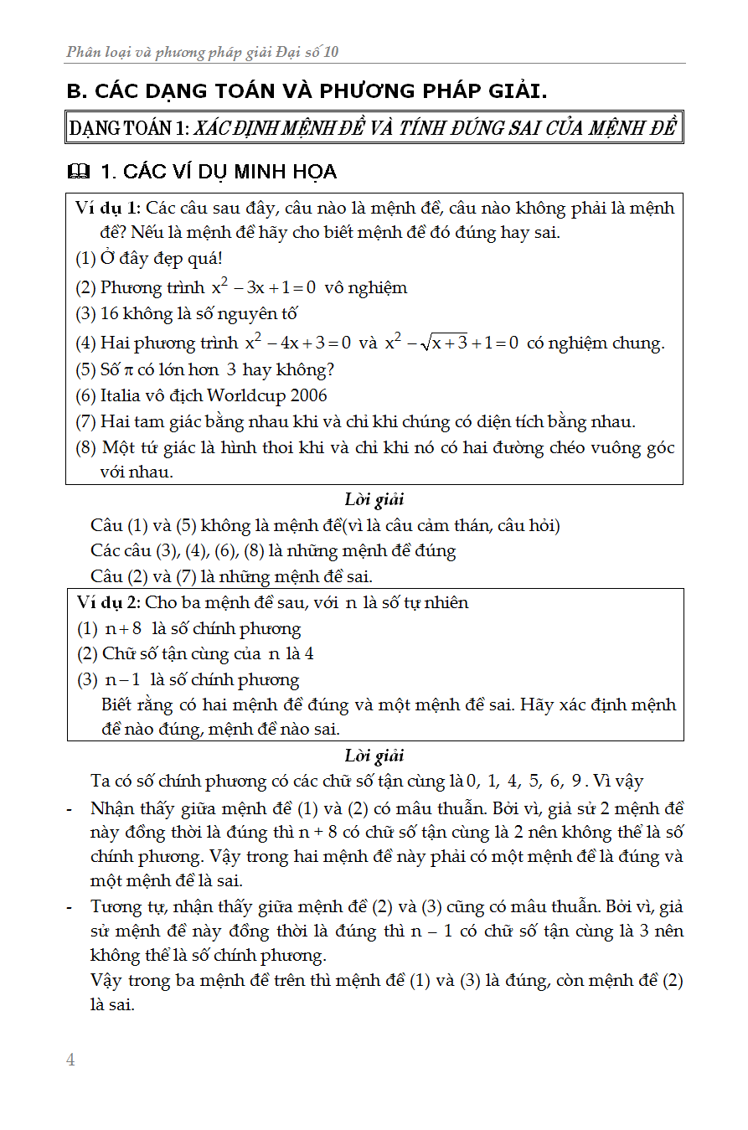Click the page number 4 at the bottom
[x=70, y=1060]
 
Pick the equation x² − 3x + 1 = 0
[x=263, y=287]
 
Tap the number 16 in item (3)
[x=111, y=314]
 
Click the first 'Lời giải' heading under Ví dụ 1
[x=374, y=500]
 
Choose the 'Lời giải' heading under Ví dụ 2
[x=374, y=756]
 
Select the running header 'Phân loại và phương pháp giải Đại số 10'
[x=203, y=53]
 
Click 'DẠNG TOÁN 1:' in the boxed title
[x=130, y=128]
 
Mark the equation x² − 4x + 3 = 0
[x=297, y=343]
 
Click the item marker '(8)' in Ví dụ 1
[x=86, y=448]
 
